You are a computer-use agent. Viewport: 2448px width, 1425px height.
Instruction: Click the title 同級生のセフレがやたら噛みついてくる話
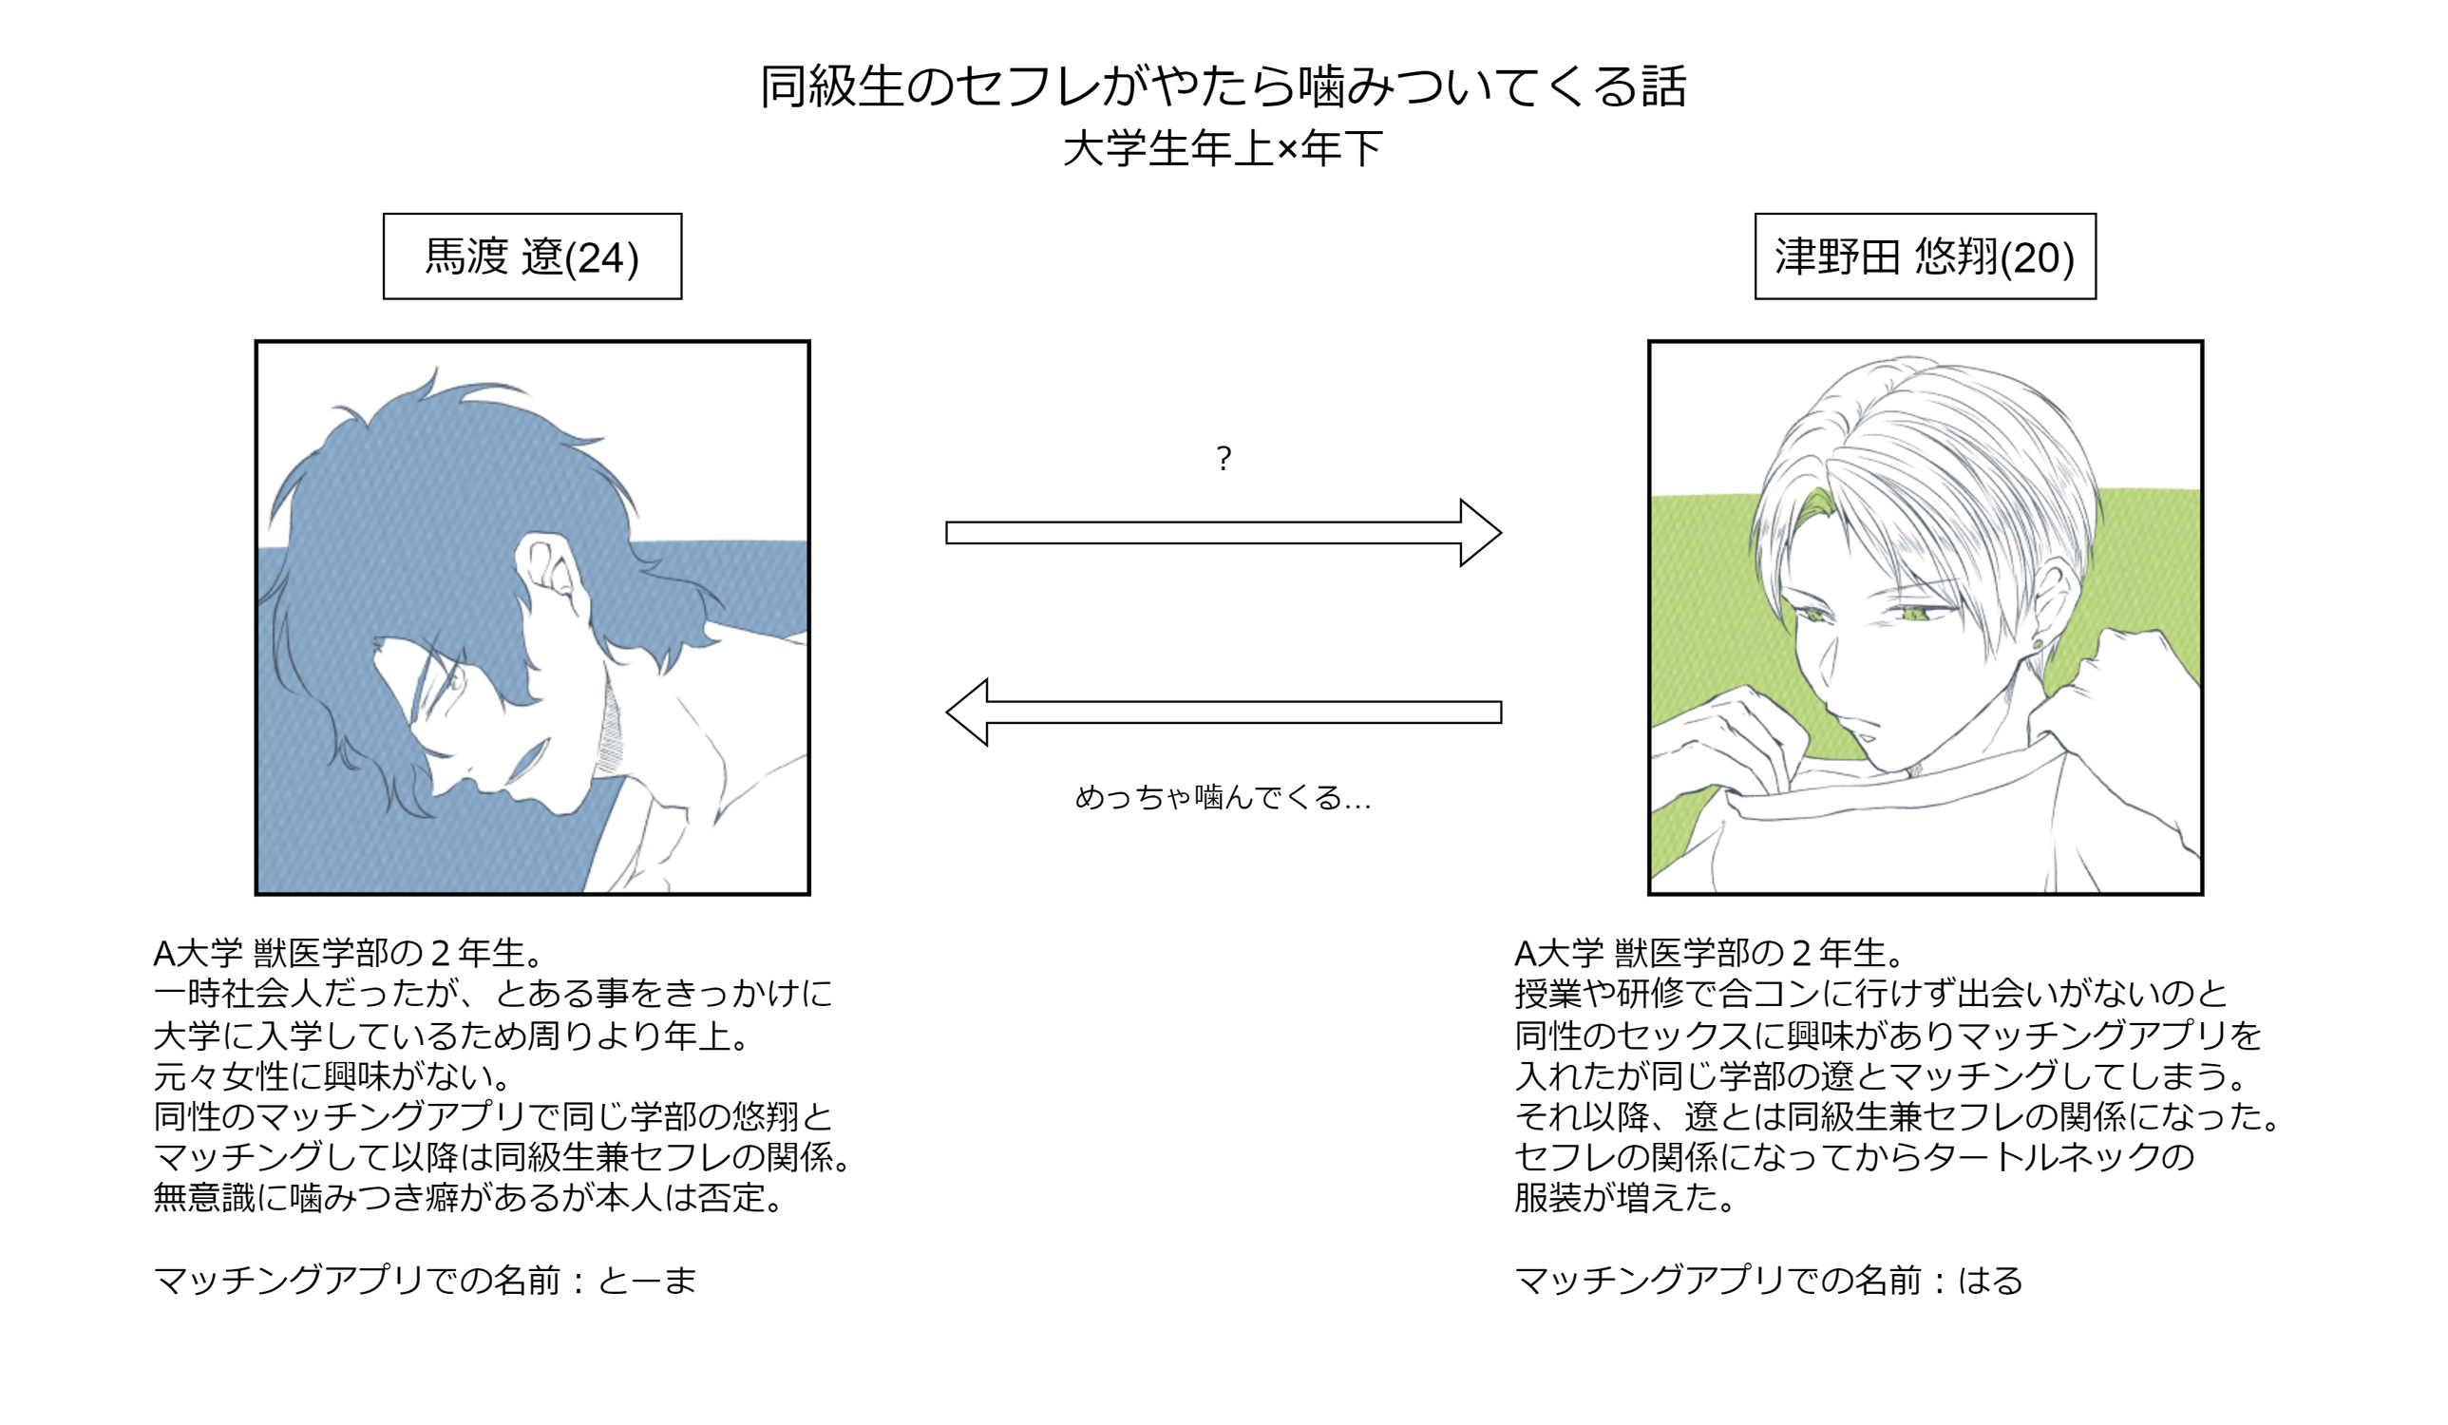tap(1223, 86)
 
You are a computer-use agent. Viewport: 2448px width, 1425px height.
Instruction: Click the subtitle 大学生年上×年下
tap(1223, 148)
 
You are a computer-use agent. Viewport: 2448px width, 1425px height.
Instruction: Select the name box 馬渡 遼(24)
tap(532, 256)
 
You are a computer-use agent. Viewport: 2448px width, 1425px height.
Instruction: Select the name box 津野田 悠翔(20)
tap(1926, 256)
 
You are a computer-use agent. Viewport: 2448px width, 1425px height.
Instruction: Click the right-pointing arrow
tap(1224, 532)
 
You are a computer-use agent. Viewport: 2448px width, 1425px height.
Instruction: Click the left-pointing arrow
tap(1224, 712)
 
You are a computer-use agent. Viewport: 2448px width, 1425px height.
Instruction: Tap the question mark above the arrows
tap(1224, 458)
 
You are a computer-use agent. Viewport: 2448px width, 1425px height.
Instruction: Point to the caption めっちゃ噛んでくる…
tap(1223, 797)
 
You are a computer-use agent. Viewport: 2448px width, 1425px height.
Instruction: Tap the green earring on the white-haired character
tap(2037, 642)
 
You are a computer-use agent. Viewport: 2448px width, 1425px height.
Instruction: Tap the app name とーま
tap(648, 1281)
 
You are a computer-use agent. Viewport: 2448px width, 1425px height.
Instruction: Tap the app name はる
tap(1990, 1281)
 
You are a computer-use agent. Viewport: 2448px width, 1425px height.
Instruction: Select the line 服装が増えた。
tap(1625, 1198)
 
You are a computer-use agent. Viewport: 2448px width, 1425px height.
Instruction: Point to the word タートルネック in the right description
tap(2043, 1157)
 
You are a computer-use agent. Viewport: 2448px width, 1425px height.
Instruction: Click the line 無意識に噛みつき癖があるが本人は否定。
tap(469, 1198)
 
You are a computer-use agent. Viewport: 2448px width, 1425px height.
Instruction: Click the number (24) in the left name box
tap(602, 258)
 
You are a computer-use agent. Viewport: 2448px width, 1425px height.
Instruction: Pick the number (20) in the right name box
tap(2037, 258)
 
